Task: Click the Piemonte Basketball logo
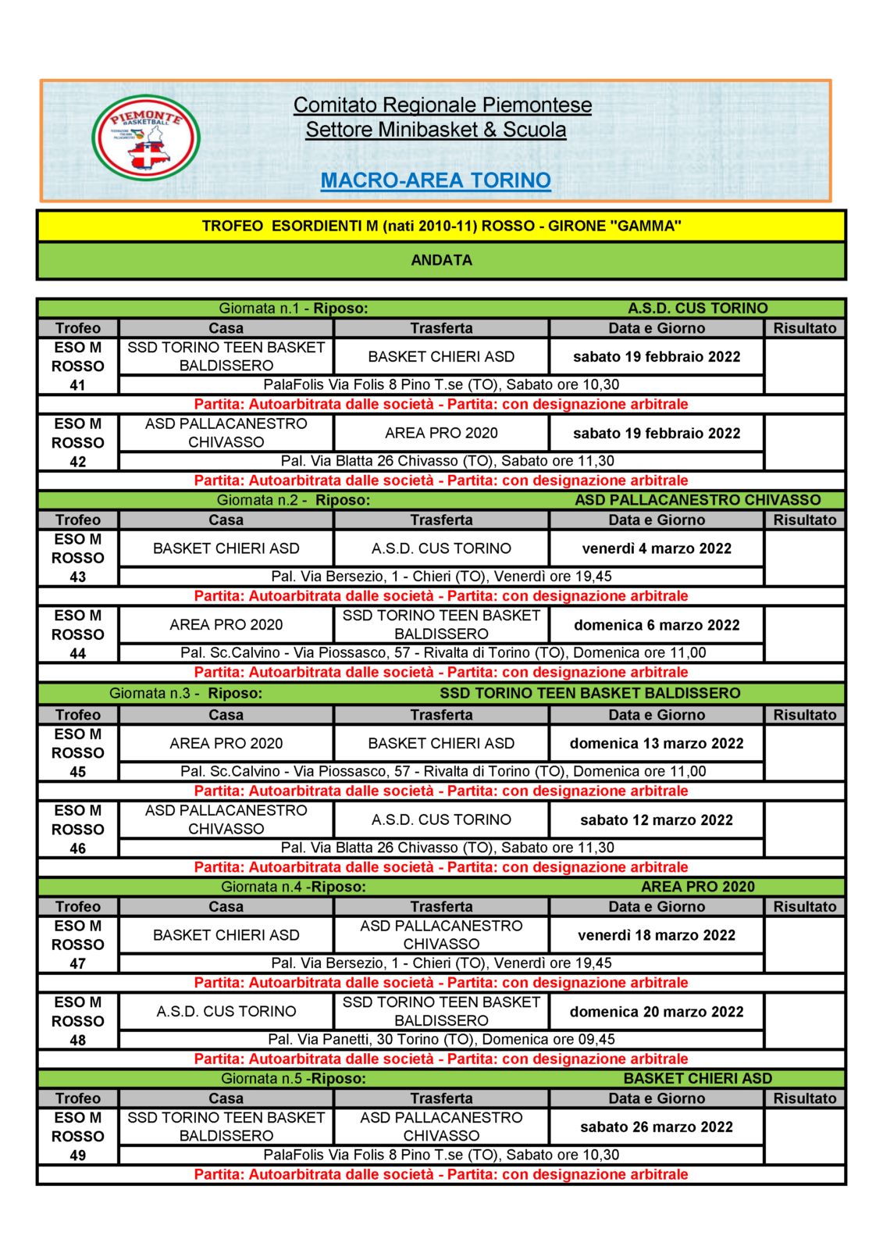click(x=146, y=138)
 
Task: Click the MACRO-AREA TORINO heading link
click(x=436, y=180)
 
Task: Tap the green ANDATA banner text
click(x=441, y=260)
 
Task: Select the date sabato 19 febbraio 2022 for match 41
click(x=657, y=357)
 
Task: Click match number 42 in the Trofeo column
click(x=78, y=462)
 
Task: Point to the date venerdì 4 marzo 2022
click(x=657, y=548)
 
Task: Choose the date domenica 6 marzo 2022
click(x=657, y=625)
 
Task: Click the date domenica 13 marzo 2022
click(x=657, y=744)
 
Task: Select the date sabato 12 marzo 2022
click(x=657, y=820)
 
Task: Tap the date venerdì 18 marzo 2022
click(x=657, y=935)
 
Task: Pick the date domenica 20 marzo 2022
click(x=657, y=1012)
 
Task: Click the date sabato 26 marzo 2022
click(x=657, y=1127)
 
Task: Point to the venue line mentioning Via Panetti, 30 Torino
click(x=441, y=1040)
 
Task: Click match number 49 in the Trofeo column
click(x=78, y=1155)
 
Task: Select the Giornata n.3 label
click(x=154, y=693)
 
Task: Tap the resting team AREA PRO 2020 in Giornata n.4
click(x=698, y=887)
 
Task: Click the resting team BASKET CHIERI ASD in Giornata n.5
click(x=698, y=1079)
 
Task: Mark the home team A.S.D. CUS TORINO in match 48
click(x=226, y=1012)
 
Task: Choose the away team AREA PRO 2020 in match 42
click(x=441, y=433)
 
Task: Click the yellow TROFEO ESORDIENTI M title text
click(x=441, y=226)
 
